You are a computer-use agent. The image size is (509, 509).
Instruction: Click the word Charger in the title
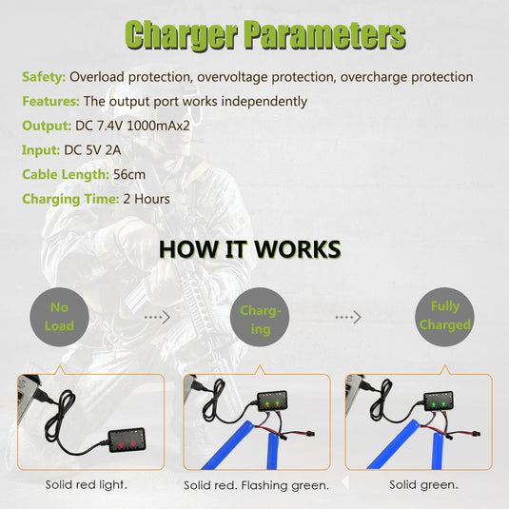coord(181,35)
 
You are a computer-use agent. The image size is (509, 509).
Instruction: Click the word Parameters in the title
coord(325,35)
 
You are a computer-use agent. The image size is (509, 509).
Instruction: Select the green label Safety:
coord(44,77)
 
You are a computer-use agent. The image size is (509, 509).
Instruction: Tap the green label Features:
coord(51,101)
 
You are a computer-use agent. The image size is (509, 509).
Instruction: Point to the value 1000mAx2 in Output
coord(158,126)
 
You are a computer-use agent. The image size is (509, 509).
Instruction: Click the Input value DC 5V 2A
coord(92,150)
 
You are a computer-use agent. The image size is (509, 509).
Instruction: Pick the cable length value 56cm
coord(129,175)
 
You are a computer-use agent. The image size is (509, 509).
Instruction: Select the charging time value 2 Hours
coord(147,199)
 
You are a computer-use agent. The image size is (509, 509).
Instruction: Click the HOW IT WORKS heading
coord(250,249)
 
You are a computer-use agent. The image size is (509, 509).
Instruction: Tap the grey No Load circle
coord(59,317)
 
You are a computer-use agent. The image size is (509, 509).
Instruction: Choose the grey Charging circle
coord(260,317)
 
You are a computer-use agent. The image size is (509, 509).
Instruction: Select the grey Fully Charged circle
coord(444,317)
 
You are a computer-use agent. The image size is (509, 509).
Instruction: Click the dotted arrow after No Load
coord(157,317)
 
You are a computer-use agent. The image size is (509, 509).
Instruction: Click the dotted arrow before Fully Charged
coord(348,317)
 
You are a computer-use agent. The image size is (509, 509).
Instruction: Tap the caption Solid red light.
coord(86,484)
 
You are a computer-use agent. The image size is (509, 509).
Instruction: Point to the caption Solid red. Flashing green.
coord(257,485)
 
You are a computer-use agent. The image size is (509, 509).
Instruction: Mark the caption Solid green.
coord(423,484)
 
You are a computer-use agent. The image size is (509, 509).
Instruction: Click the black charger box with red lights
coord(127,440)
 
